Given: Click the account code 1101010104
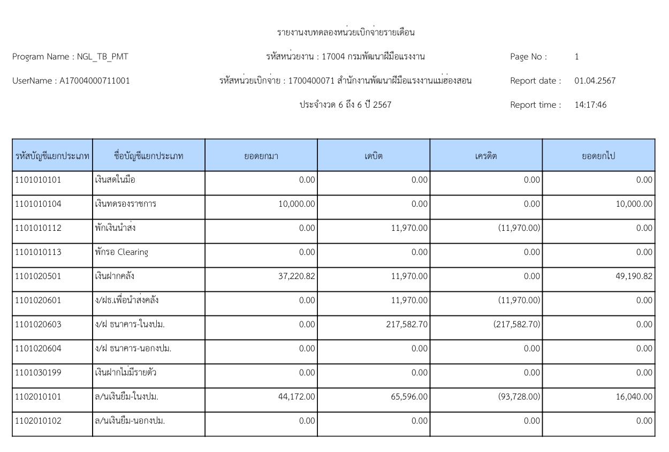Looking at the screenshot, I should coord(37,204).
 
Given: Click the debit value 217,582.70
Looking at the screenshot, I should coord(407,325).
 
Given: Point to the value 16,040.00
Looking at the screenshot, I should coord(634,397).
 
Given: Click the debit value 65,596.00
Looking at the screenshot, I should coord(409,397).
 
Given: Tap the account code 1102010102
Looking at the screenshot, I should coord(37,421).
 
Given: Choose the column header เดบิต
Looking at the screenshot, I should coord(373,156).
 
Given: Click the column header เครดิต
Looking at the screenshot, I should coord(485,156).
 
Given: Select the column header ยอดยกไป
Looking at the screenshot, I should coord(598,156).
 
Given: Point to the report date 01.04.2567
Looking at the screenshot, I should coord(595,81).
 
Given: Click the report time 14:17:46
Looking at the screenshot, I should coord(590,105).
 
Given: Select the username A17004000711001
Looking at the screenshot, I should coord(95,81).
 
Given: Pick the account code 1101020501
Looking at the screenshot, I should coord(37,276).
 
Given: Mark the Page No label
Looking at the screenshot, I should coord(528,57).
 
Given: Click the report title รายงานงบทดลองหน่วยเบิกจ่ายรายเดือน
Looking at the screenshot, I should coord(346,33).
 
